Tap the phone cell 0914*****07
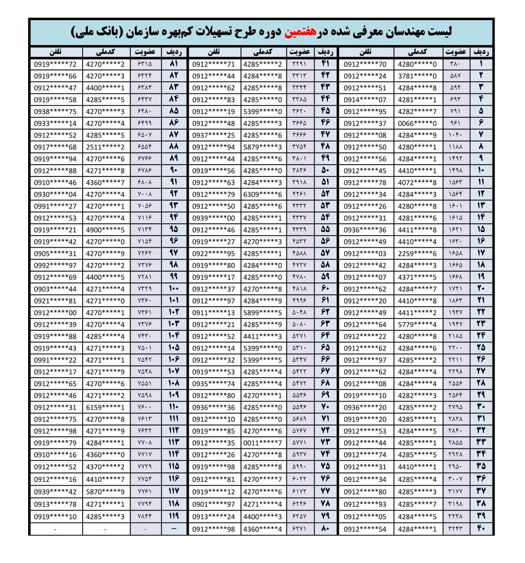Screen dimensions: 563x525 tap(365, 99)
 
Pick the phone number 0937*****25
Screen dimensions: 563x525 tap(213, 135)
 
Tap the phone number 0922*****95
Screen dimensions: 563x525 tap(213, 253)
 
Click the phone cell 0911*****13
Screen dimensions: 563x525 tap(213, 312)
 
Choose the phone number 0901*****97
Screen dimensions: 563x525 tap(213, 504)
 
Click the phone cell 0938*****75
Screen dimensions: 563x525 tap(55, 111)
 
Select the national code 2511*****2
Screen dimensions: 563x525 tap(105, 147)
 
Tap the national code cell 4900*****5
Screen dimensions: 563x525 tap(105, 230)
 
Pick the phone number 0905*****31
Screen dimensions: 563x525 tap(55, 253)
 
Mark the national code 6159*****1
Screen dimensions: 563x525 tap(105, 407)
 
